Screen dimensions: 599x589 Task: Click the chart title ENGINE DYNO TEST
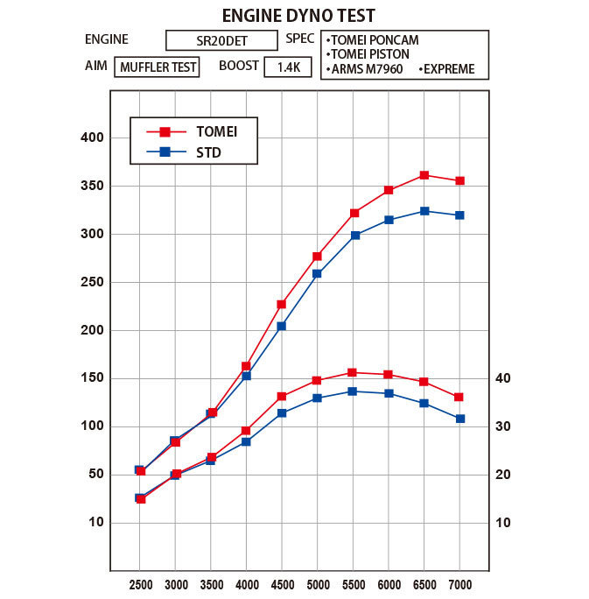coord(298,15)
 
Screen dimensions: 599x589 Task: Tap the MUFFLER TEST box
coord(157,67)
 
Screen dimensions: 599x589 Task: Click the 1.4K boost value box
coord(287,67)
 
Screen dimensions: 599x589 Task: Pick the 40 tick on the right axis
coord(502,378)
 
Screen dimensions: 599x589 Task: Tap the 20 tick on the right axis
coord(502,475)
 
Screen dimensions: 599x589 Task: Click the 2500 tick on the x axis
coord(141,584)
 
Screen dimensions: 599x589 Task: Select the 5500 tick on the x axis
coord(353,584)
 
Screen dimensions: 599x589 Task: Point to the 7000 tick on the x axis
coord(459,584)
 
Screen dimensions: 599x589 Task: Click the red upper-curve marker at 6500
coord(424,175)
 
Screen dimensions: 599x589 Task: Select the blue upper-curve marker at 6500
coord(424,211)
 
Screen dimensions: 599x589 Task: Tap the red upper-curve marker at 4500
coord(282,304)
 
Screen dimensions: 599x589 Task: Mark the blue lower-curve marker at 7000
coord(459,419)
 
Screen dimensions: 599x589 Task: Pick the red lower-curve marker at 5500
coord(353,373)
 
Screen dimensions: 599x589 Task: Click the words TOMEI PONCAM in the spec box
coord(374,40)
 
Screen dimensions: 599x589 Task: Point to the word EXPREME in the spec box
coord(449,68)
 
